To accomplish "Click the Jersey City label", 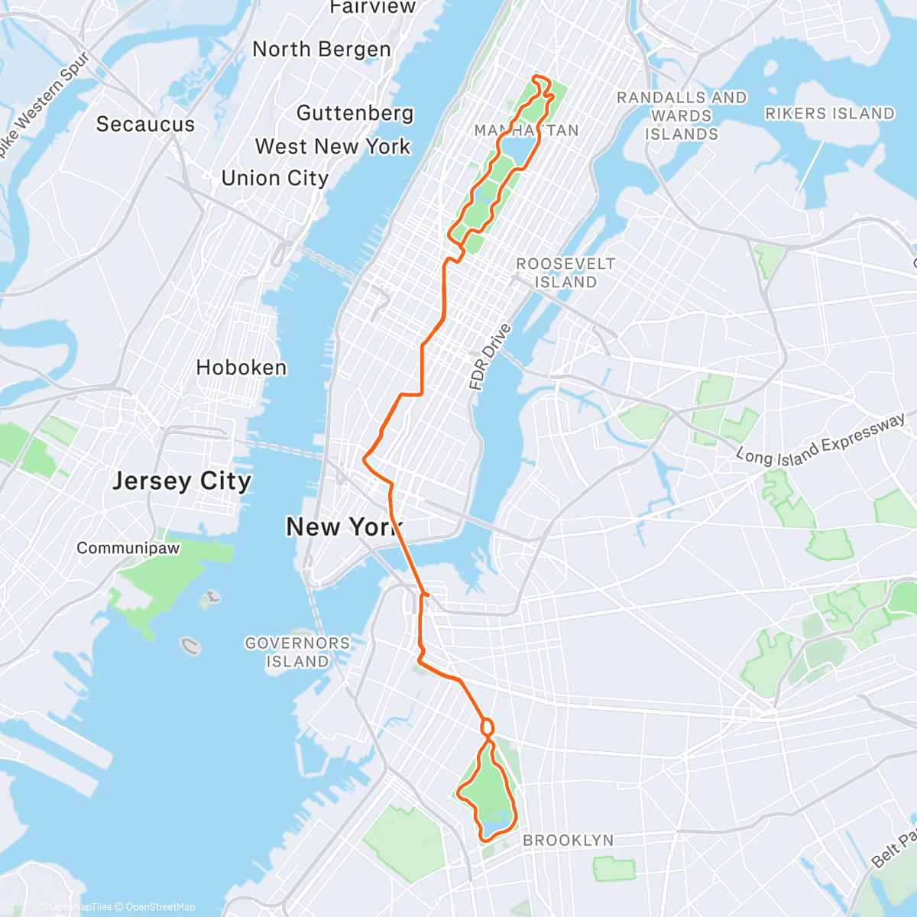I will tap(182, 481).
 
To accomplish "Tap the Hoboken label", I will tap(241, 368).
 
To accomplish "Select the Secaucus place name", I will tap(145, 125).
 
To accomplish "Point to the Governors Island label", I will tap(296, 653).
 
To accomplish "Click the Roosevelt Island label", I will tap(565, 273).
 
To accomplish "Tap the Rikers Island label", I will tap(829, 114).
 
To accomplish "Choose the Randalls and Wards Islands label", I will tap(682, 116).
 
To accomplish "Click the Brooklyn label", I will tap(568, 841).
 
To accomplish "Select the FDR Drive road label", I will tap(490, 358).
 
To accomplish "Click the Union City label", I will tap(274, 179).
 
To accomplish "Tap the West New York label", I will tap(332, 147).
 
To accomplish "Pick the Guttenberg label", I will tap(355, 114).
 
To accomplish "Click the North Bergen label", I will tap(321, 50).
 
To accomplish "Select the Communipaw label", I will tap(128, 549).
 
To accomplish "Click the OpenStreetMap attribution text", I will tap(160, 907).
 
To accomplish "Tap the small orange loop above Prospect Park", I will tap(487, 727).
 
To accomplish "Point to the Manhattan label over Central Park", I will tap(527, 131).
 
